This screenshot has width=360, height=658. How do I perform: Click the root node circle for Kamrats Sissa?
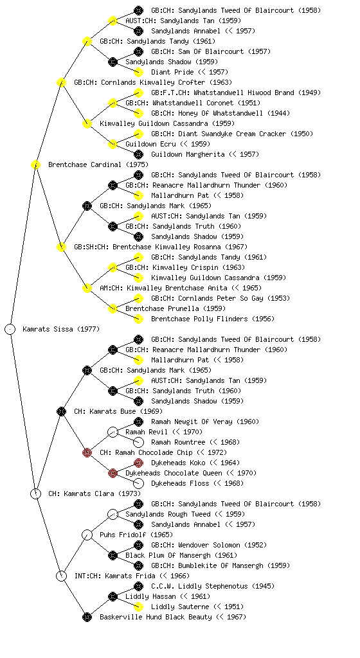coord(10,329)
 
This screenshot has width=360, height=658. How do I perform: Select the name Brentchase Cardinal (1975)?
coord(98,164)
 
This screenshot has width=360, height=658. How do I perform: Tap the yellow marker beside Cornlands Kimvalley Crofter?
coord(61,82)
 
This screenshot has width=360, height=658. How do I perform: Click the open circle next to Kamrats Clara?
coord(35,493)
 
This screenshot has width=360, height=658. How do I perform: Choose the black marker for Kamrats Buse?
coord(61,411)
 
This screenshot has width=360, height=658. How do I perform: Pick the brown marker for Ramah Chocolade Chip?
coord(87,452)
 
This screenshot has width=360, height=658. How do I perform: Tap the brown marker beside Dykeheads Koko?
coord(138,463)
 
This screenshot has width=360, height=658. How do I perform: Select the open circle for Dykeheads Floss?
coord(138,483)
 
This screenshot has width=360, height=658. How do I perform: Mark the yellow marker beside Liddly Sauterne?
coord(138,607)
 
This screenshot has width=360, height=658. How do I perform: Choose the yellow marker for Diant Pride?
coord(138,72)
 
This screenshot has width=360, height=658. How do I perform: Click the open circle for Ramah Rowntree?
coord(138,442)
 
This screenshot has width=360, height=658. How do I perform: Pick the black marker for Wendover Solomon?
coord(138,545)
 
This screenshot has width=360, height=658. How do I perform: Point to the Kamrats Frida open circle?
coord(61,576)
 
